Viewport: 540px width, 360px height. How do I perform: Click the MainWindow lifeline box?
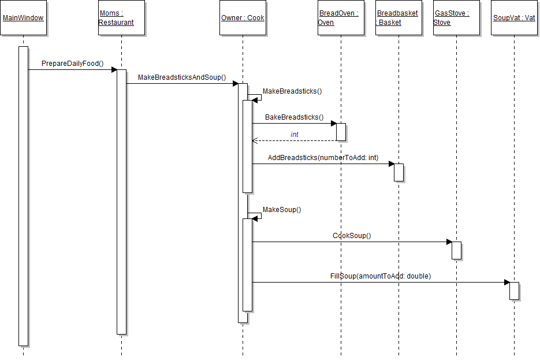(x=23, y=18)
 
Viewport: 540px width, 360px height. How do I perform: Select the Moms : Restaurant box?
(x=121, y=18)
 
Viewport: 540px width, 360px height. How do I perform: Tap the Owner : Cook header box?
(x=243, y=18)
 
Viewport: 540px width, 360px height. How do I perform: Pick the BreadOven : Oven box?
(x=341, y=18)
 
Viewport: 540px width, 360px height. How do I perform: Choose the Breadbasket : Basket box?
(x=399, y=18)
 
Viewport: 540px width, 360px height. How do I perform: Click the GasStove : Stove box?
(x=456, y=18)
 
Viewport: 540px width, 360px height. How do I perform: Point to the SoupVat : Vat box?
(x=514, y=18)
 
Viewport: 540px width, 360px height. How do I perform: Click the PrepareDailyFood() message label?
(x=72, y=63)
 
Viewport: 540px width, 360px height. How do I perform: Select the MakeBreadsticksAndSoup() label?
(x=182, y=77)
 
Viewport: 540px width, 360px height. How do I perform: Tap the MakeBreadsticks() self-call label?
(x=292, y=91)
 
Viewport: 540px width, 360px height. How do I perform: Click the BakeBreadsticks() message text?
(x=294, y=117)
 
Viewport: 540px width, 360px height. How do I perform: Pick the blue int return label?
(x=295, y=135)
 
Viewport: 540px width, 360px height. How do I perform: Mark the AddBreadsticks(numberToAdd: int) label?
(x=323, y=158)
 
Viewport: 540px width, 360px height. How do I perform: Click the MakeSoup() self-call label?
(x=282, y=210)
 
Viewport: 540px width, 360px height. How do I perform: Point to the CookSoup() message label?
(x=352, y=236)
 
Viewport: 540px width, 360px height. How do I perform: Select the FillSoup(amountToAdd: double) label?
(x=380, y=276)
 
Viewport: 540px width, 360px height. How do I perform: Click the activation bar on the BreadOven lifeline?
(x=341, y=132)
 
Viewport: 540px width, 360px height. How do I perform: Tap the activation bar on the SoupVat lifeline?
(x=514, y=291)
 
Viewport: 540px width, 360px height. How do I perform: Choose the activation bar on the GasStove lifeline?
(x=456, y=250)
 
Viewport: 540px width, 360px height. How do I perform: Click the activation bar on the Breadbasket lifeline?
(x=399, y=172)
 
